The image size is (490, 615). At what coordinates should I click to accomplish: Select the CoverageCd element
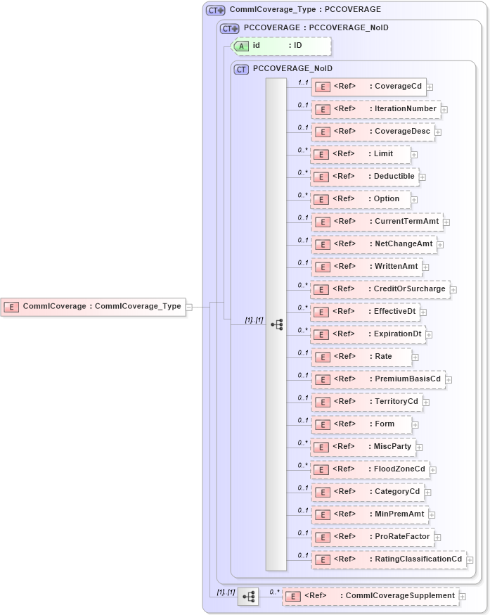click(x=368, y=87)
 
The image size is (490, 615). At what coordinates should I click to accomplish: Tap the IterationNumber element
click(x=375, y=109)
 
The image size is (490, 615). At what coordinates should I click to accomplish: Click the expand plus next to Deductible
click(x=423, y=177)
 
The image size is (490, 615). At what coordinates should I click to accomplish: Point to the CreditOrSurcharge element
click(x=380, y=289)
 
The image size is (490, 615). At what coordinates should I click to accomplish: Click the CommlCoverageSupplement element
click(x=370, y=596)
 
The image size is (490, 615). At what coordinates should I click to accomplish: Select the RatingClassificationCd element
click(x=387, y=559)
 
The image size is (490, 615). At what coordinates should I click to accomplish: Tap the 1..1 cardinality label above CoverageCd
click(x=303, y=83)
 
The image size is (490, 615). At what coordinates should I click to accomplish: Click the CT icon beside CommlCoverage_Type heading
click(x=215, y=11)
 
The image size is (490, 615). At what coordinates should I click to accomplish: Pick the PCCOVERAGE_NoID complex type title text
click(x=292, y=69)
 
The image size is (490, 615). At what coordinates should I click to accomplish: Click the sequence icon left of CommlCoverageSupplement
click(x=248, y=597)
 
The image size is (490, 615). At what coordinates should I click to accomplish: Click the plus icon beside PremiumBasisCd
click(x=449, y=379)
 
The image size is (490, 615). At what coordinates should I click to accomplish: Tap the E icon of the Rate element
click(x=323, y=357)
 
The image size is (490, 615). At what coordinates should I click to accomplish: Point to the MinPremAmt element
click(x=369, y=514)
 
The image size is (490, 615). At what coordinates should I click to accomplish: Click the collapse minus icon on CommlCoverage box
click(x=188, y=307)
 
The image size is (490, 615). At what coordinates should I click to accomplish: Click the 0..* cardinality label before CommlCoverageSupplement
click(x=274, y=592)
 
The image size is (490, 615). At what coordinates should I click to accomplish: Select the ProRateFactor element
click(x=372, y=537)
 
